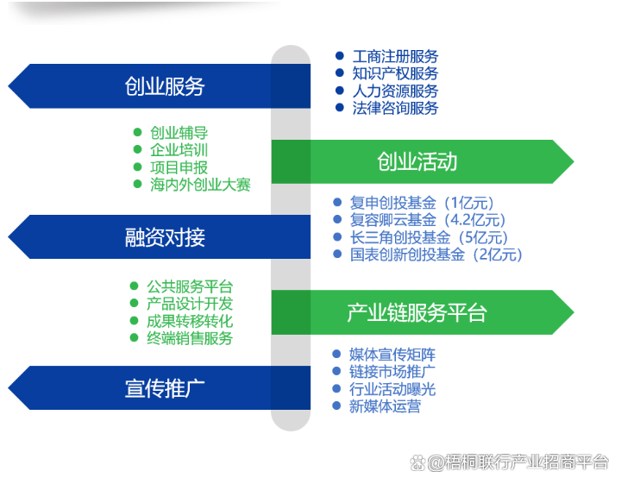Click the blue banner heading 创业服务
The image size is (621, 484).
click(x=165, y=86)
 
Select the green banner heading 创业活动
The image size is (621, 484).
click(x=417, y=161)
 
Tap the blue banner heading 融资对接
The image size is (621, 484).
click(x=165, y=237)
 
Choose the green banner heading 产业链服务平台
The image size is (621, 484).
click(x=417, y=312)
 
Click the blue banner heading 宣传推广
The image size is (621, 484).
click(x=165, y=388)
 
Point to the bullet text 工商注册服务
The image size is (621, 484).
click(x=395, y=56)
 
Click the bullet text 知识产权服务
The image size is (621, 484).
click(x=395, y=73)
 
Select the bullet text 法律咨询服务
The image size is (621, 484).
click(x=395, y=108)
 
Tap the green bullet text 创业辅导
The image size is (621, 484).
click(x=179, y=133)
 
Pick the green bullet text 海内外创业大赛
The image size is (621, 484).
click(x=200, y=185)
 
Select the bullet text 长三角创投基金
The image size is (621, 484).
click(x=400, y=237)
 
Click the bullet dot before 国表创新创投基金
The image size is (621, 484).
click(x=337, y=254)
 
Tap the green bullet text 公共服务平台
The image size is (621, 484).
click(x=190, y=286)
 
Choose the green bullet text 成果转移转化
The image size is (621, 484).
click(x=190, y=321)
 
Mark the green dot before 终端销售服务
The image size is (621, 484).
click(x=134, y=338)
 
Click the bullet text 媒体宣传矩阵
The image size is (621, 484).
click(x=392, y=355)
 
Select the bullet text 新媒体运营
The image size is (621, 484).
click(x=385, y=406)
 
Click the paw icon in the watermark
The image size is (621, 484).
click(x=417, y=462)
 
